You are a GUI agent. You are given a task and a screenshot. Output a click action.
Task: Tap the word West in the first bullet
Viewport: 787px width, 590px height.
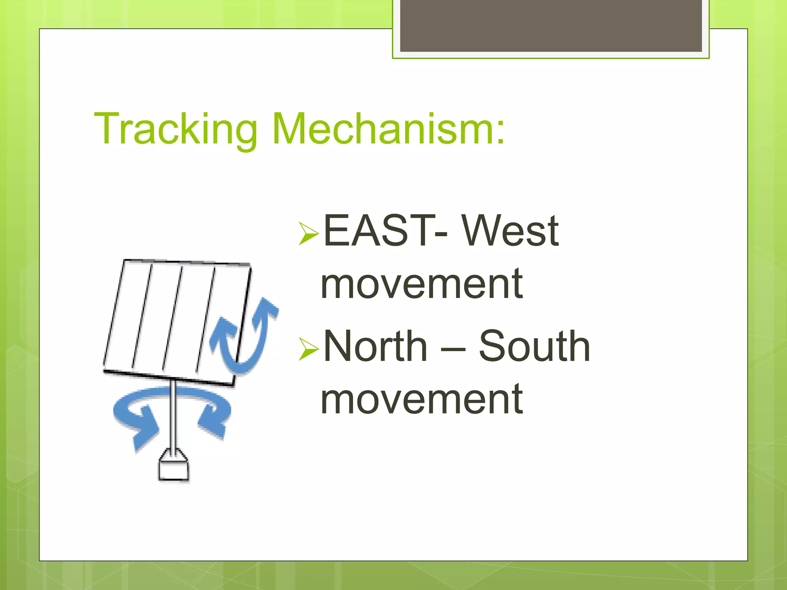[510, 230]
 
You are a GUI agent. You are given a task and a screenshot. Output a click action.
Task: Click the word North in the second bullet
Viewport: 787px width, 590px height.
[375, 346]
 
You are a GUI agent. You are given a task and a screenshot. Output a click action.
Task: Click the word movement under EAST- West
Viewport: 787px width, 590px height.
[422, 284]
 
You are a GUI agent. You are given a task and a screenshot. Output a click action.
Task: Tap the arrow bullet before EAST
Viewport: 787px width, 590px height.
[309, 233]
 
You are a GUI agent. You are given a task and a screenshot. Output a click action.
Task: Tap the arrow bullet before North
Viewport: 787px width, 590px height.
[309, 349]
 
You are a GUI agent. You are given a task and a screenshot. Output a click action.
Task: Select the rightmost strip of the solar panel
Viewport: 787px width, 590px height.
[227, 303]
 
